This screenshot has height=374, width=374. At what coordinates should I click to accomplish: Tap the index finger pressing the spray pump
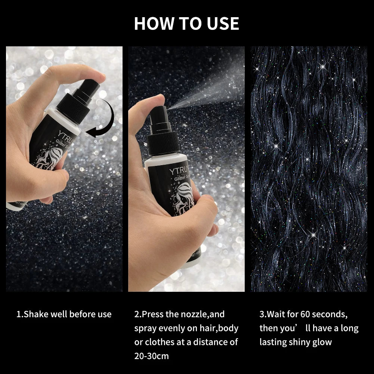[x=149, y=103]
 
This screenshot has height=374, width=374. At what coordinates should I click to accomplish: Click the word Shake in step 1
[x=35, y=314]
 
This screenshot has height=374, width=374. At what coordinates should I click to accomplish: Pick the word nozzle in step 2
[x=191, y=314]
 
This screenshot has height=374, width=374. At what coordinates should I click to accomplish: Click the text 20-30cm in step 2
[x=151, y=355]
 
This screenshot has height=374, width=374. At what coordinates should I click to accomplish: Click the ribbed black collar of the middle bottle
[x=163, y=140]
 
